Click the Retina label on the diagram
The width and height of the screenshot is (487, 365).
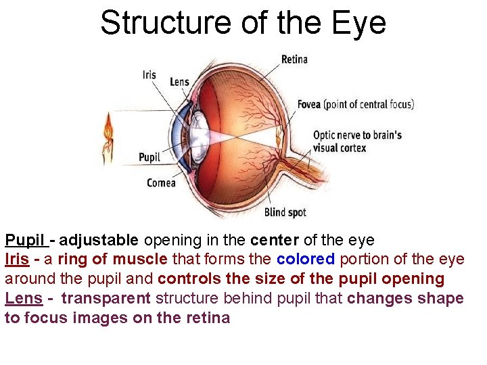tap(294, 59)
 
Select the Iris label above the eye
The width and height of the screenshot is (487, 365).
tap(149, 74)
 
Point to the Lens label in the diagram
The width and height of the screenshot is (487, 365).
tap(179, 82)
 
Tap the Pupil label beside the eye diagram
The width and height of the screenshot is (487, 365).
tap(149, 157)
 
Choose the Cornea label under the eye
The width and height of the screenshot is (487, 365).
tap(161, 182)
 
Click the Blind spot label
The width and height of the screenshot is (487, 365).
tap(285, 212)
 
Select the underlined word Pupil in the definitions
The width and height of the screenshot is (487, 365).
tap(25, 240)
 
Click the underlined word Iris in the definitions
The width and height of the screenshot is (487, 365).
tap(16, 259)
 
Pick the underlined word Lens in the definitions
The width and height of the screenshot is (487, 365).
tap(22, 298)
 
